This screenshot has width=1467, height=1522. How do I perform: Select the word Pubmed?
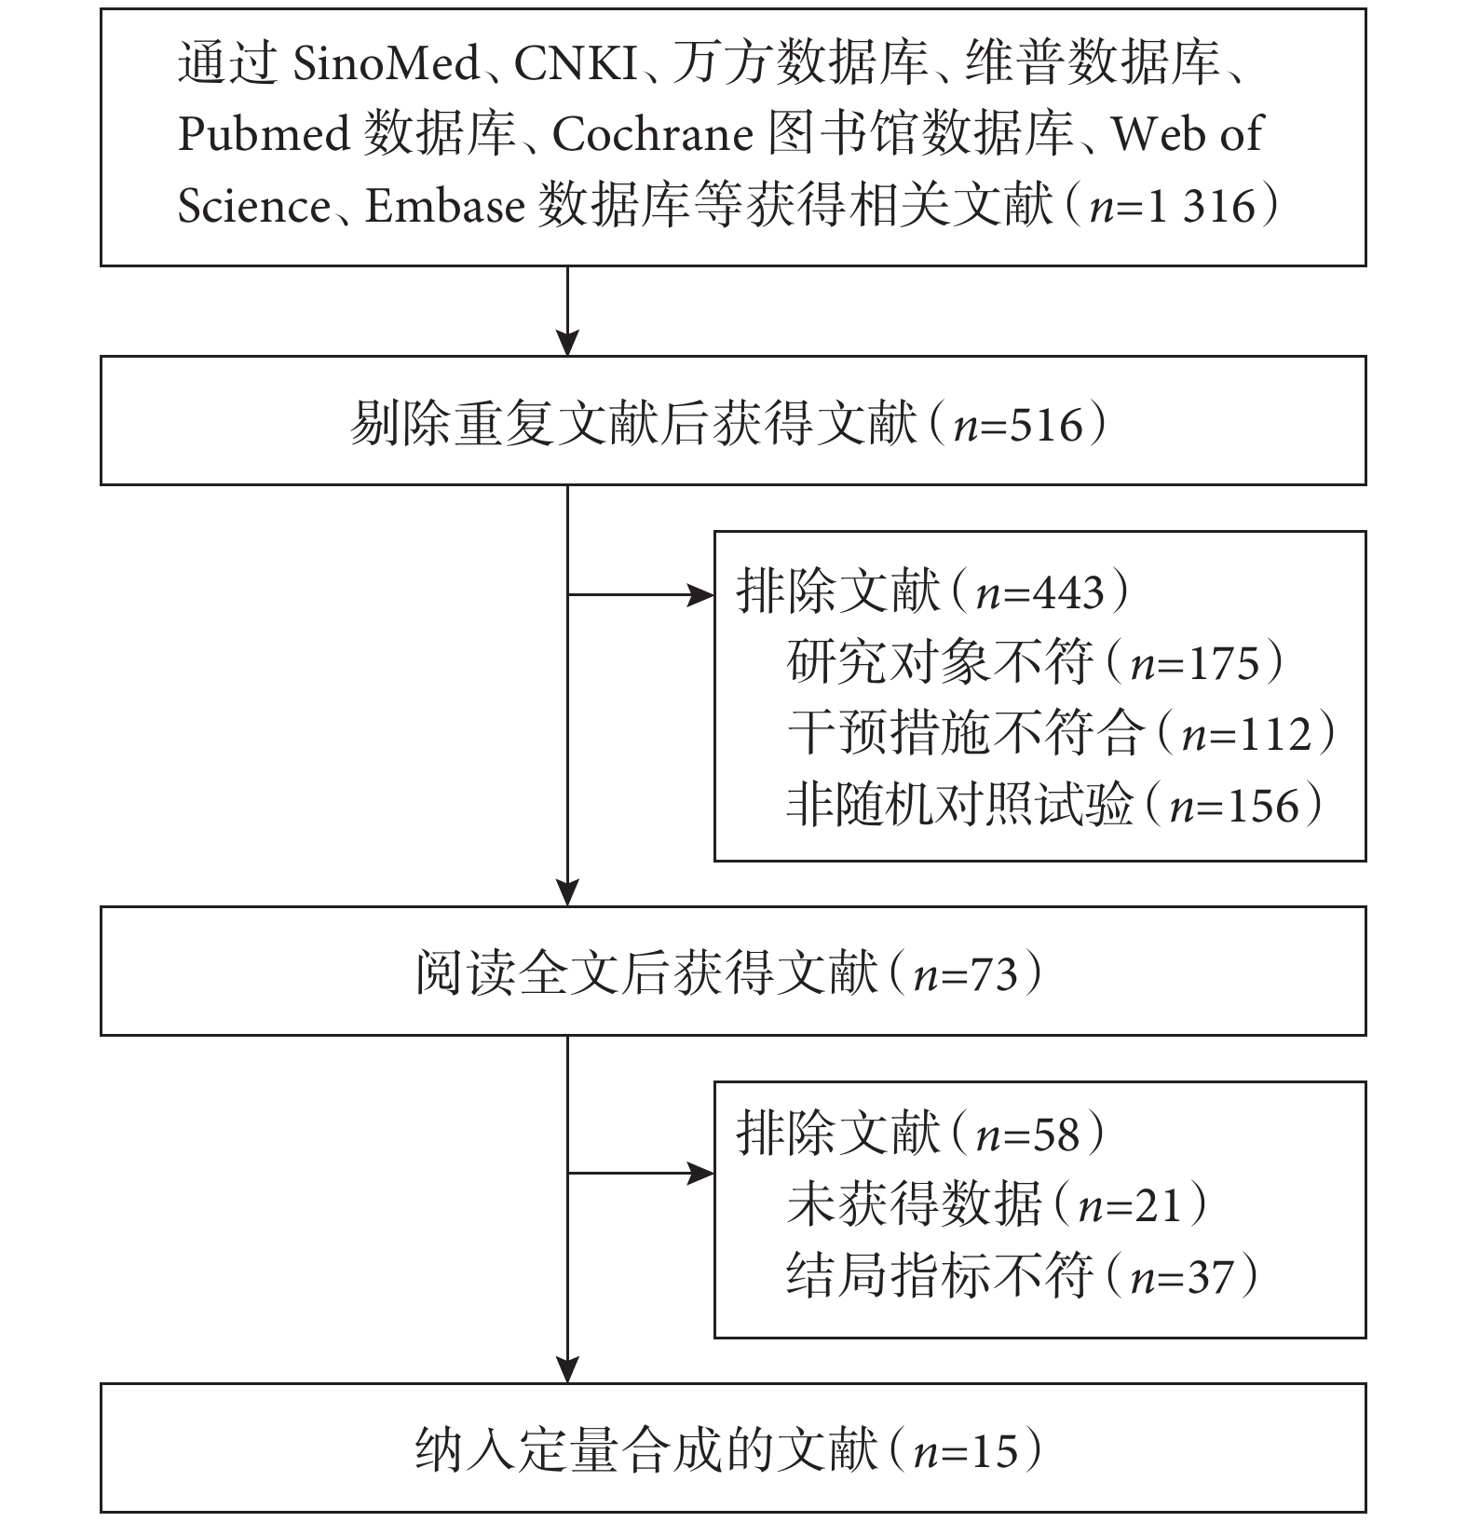[263, 135]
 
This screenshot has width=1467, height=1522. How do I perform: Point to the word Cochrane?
[653, 135]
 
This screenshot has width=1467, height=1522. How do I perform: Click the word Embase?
[444, 205]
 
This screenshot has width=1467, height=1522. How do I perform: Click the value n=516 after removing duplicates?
[1020, 425]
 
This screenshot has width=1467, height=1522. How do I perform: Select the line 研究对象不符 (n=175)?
[1035, 662]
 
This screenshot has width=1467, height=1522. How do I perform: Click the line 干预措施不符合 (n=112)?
[1061, 733]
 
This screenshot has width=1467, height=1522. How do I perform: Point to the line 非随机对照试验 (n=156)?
[1054, 804]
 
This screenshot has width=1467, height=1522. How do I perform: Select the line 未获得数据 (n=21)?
[997, 1203]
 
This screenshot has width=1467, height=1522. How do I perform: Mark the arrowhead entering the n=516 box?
[567, 343]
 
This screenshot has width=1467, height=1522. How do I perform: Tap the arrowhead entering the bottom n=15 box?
[567, 1369]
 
